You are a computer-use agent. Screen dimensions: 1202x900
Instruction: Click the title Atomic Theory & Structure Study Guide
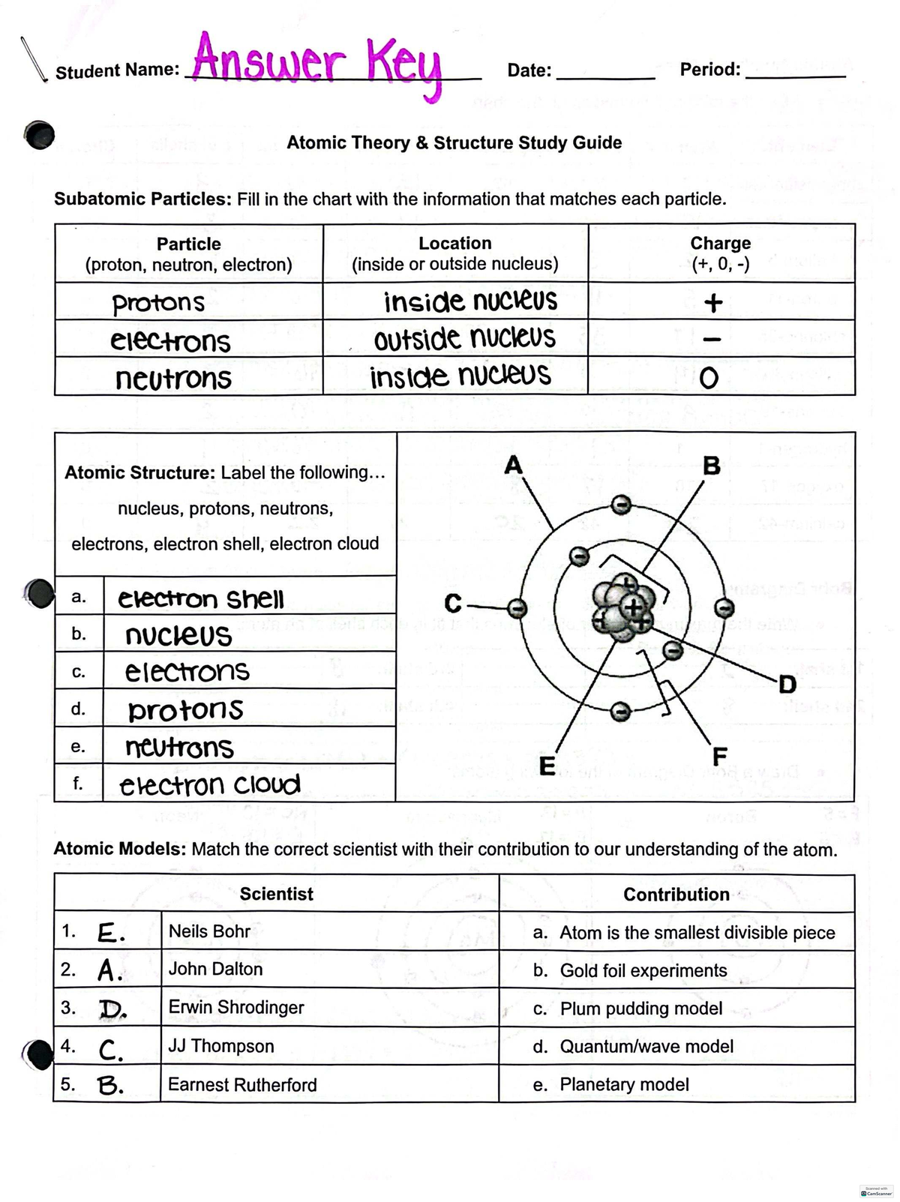tap(454, 142)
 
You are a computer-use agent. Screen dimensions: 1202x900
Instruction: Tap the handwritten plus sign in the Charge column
tap(712, 302)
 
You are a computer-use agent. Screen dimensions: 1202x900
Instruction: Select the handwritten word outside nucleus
tap(465, 339)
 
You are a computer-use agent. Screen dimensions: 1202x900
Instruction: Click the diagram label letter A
tap(513, 465)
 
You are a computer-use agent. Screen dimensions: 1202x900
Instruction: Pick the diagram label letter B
tap(712, 466)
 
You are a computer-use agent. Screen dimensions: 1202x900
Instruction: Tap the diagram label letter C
tap(453, 604)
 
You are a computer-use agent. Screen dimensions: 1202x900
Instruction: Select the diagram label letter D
tap(787, 684)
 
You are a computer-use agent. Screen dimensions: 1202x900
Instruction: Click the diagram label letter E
tap(547, 766)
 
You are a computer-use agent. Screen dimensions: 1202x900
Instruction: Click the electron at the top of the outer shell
tap(619, 505)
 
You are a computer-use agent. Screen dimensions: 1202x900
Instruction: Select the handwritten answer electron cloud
tap(210, 784)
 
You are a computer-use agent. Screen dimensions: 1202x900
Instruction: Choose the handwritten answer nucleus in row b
tap(178, 636)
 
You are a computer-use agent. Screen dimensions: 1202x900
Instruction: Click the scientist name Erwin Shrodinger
tap(236, 1007)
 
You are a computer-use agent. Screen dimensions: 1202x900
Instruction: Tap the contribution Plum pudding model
tap(641, 1009)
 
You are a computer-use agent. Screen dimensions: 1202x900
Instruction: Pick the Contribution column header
tap(676, 894)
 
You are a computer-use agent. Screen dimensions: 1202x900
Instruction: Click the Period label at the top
tap(709, 70)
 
